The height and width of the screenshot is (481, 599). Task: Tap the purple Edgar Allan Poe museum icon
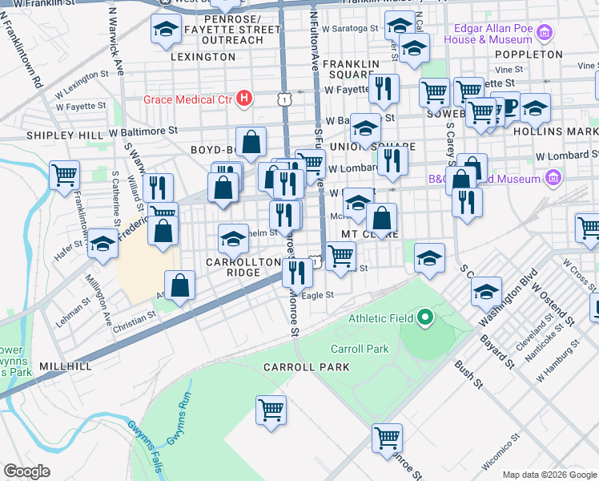[x=545, y=33]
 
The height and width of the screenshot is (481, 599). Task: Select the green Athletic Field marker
[x=425, y=319]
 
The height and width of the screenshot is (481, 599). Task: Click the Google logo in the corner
[x=26, y=471]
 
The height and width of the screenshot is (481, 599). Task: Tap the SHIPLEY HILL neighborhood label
[x=64, y=135]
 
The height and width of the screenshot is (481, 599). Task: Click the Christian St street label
[x=134, y=318]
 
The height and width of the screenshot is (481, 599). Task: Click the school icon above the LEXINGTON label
[x=165, y=30]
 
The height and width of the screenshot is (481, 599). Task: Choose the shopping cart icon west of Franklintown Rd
[x=64, y=174]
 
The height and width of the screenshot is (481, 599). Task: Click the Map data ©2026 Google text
[x=549, y=475]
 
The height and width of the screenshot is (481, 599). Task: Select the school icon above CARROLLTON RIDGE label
[x=233, y=238]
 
